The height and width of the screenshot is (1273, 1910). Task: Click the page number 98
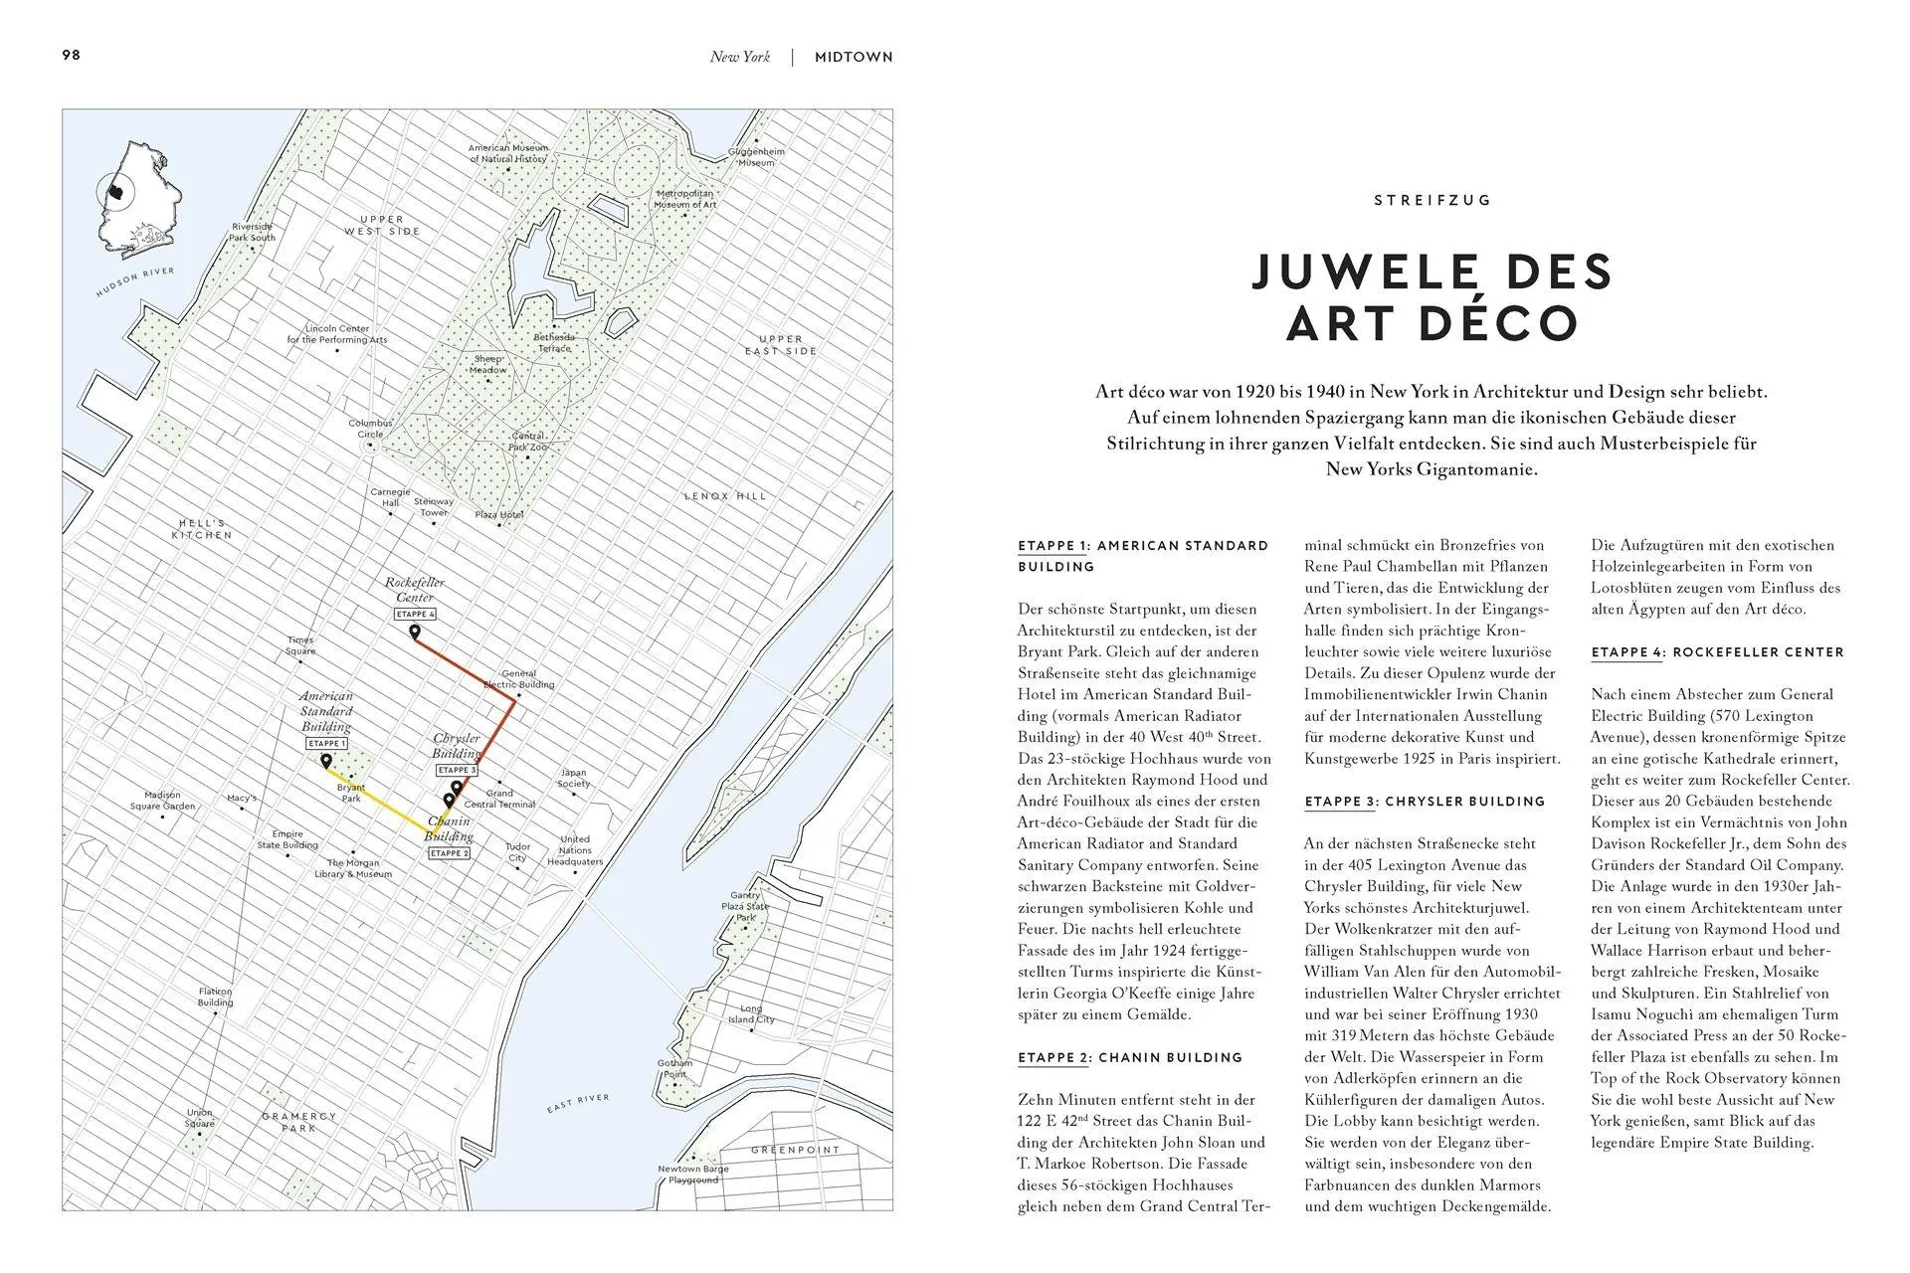coord(72,55)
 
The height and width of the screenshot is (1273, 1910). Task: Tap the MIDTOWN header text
coord(854,57)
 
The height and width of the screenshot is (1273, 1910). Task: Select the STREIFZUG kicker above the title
coord(1432,200)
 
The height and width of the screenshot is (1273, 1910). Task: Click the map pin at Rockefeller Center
coord(415,633)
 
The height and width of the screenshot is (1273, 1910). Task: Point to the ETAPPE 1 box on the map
coord(326,744)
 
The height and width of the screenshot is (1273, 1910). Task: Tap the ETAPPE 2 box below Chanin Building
coord(449,853)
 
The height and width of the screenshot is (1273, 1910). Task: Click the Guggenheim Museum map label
coord(756,157)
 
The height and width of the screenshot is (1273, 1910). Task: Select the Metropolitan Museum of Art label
coord(684,199)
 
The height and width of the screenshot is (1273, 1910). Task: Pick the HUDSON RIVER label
coord(135,282)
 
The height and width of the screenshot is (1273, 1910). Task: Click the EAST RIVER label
coord(578,1103)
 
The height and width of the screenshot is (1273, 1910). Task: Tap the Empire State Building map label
coord(287,840)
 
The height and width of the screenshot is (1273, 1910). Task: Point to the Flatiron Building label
coord(215,997)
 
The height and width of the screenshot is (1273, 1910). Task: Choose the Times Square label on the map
coord(300,645)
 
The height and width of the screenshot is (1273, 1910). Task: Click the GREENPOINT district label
coord(795,1150)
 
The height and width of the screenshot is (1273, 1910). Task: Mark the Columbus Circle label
coord(370,429)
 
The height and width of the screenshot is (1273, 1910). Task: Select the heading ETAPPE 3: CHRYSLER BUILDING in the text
coord(1425,802)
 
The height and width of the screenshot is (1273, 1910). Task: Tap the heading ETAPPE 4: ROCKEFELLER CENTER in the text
coord(1717,652)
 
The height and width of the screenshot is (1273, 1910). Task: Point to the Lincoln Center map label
coord(337,334)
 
